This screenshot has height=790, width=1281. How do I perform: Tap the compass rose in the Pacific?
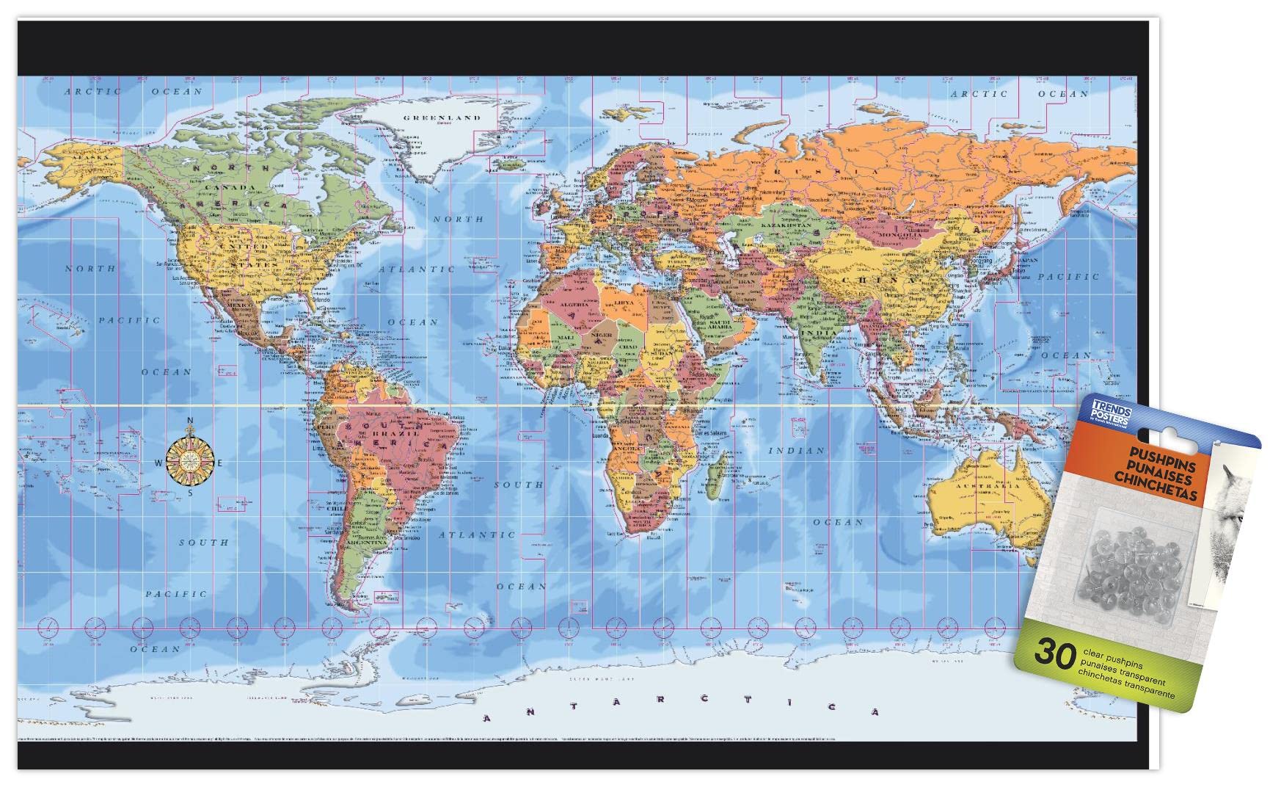[190, 461]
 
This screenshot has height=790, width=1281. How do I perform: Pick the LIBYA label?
[626, 302]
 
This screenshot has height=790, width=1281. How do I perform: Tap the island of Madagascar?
[721, 471]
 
